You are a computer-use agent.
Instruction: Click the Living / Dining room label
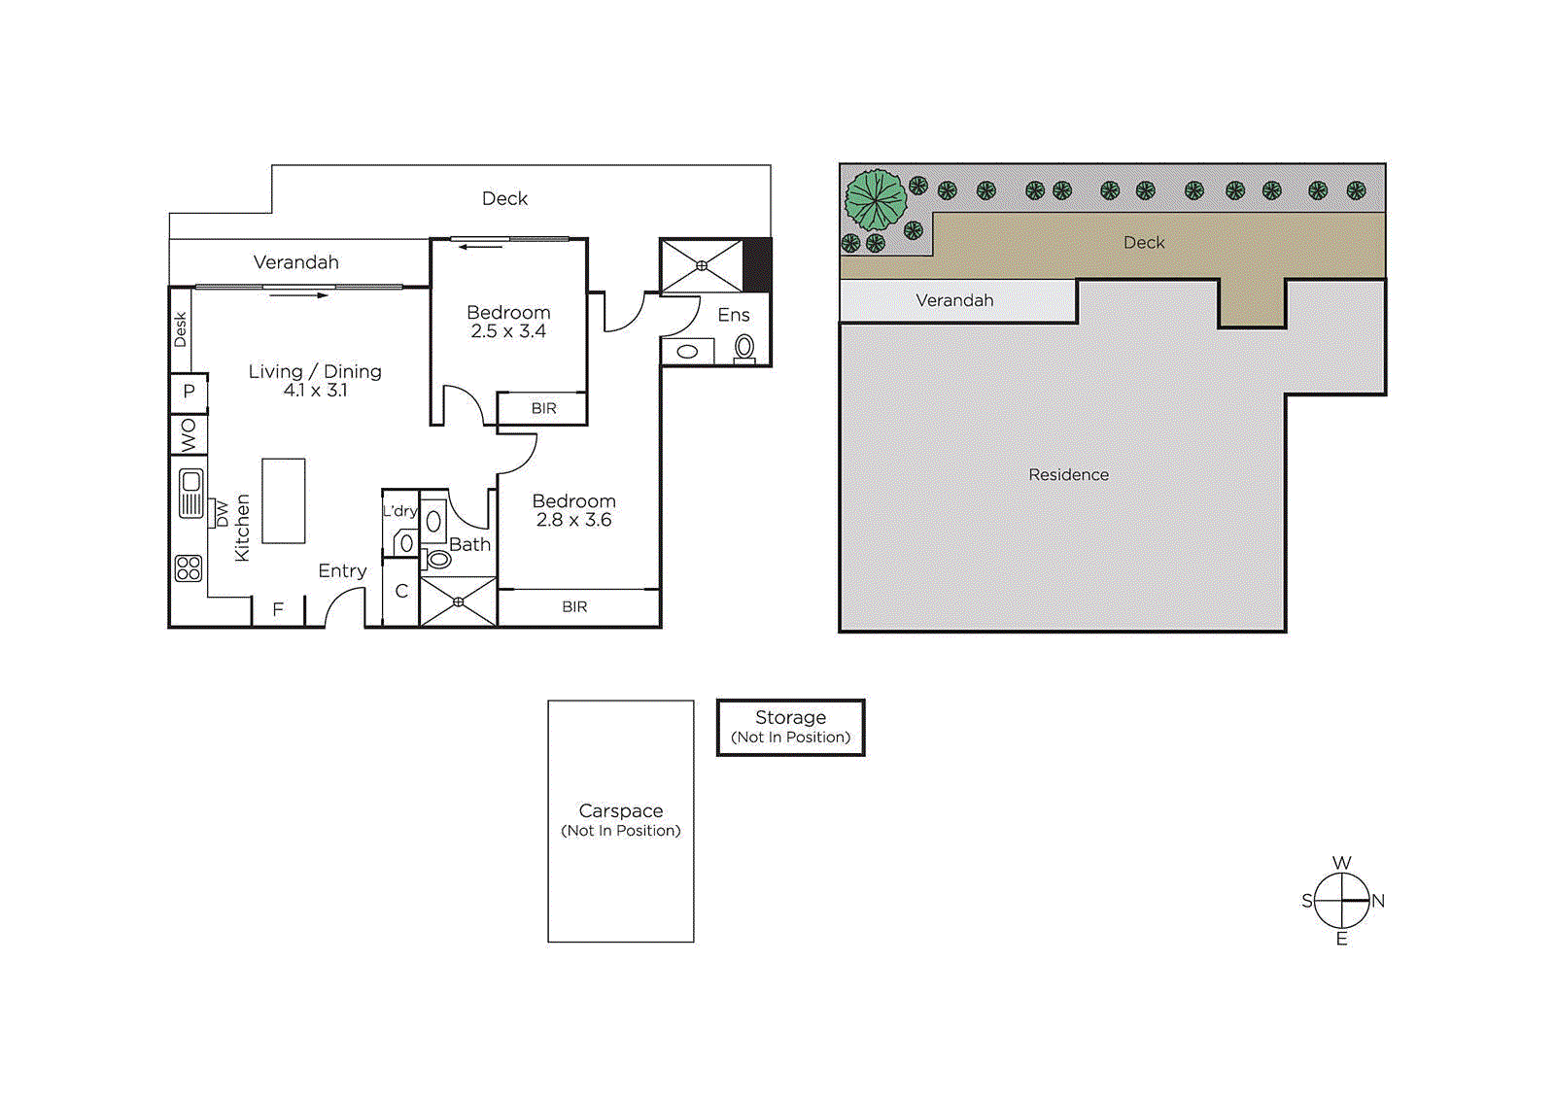point(315,371)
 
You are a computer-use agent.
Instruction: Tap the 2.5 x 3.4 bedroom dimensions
point(508,331)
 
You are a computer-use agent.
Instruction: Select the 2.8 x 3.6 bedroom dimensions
point(573,520)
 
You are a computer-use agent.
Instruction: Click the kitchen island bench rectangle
point(284,500)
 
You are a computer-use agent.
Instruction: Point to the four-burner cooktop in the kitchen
point(189,568)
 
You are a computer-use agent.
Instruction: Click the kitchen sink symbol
point(191,493)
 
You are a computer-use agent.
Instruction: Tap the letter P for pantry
point(189,392)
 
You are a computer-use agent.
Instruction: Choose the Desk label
point(180,329)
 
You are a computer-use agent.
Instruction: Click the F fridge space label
point(278,609)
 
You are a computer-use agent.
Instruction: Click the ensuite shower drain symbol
point(702,265)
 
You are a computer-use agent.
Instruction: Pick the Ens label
point(734,315)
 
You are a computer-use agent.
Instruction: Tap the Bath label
point(469,545)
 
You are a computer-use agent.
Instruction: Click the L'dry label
point(399,511)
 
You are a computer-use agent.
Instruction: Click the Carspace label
point(621,810)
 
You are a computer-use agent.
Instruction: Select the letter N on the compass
point(1378,901)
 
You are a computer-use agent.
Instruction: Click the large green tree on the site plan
point(876,199)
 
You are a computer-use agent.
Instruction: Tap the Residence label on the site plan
point(1068,474)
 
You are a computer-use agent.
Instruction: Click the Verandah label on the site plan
point(954,300)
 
